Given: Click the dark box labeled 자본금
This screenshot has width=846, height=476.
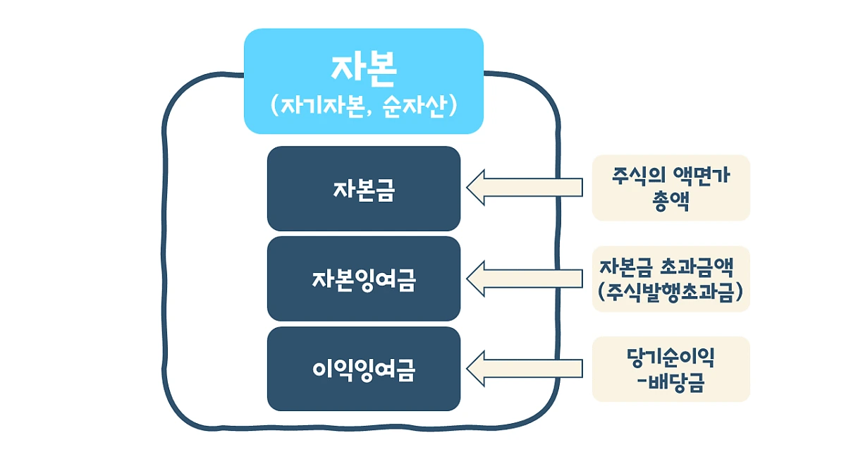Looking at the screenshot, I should [x=364, y=189].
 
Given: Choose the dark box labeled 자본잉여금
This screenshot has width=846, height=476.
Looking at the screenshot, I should [x=364, y=279].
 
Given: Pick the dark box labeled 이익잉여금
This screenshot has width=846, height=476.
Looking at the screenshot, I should [x=364, y=369].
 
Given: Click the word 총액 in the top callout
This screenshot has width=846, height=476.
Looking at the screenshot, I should [x=670, y=201].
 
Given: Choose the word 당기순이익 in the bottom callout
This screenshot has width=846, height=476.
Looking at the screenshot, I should [x=670, y=358].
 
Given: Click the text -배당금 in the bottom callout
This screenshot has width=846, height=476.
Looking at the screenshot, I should [x=670, y=384].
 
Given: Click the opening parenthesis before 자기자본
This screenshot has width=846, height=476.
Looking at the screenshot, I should [x=274, y=107].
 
